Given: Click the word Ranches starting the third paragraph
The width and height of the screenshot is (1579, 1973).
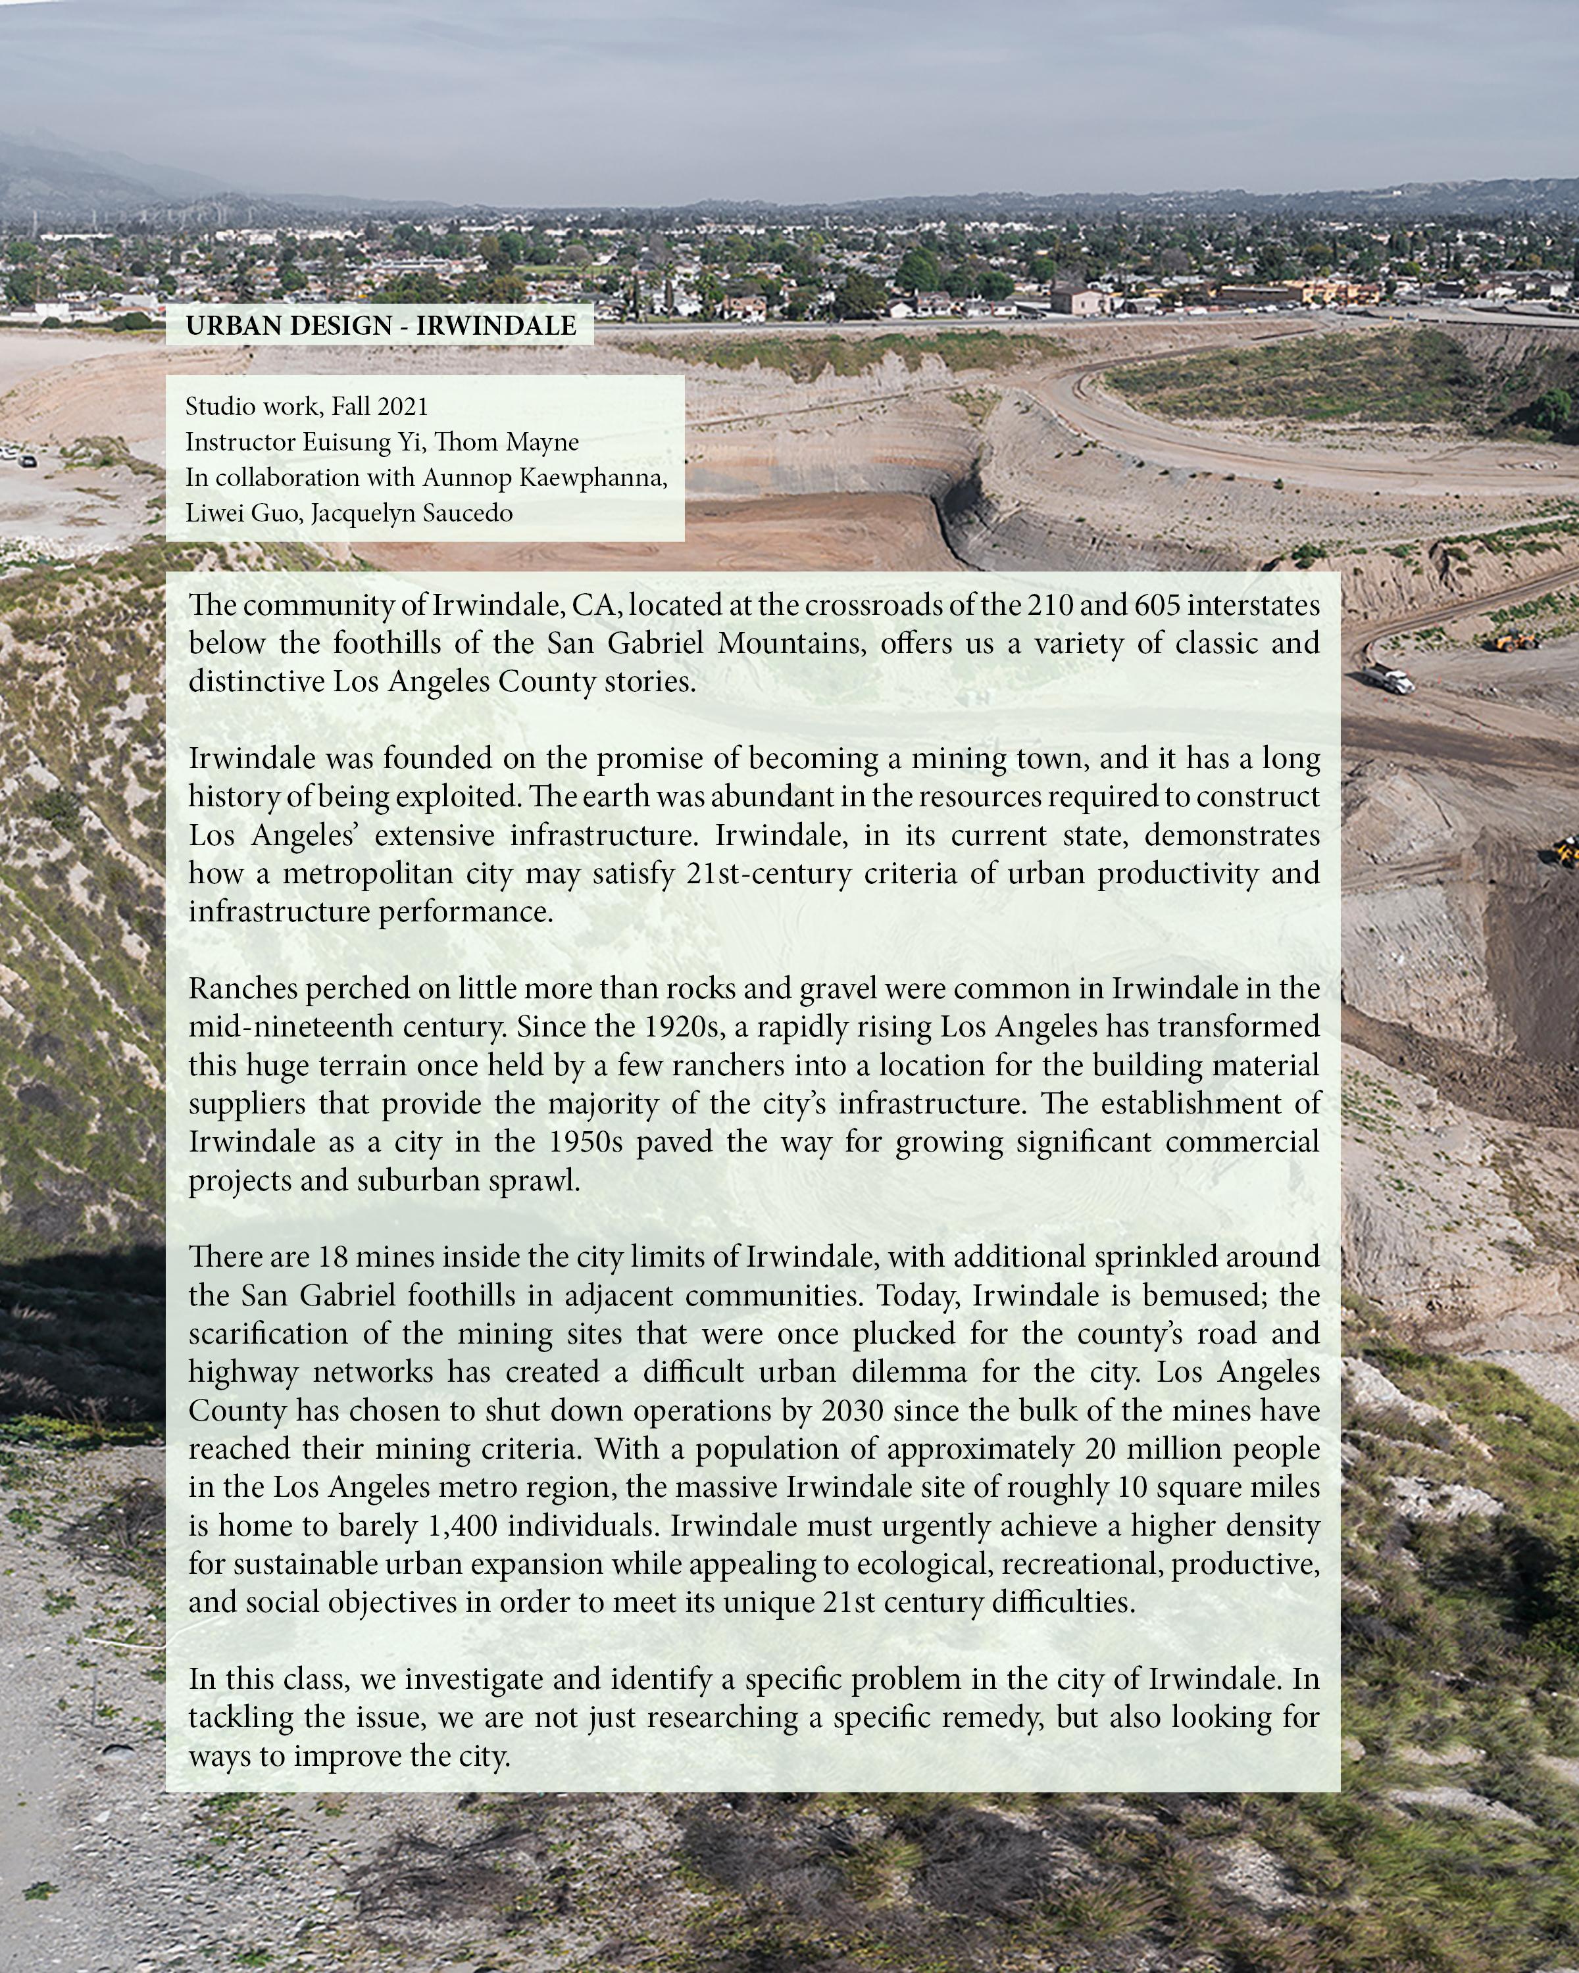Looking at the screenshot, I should pyautogui.click(x=243, y=988).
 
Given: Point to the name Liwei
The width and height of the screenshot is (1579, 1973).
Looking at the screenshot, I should pyautogui.click(x=214, y=514).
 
